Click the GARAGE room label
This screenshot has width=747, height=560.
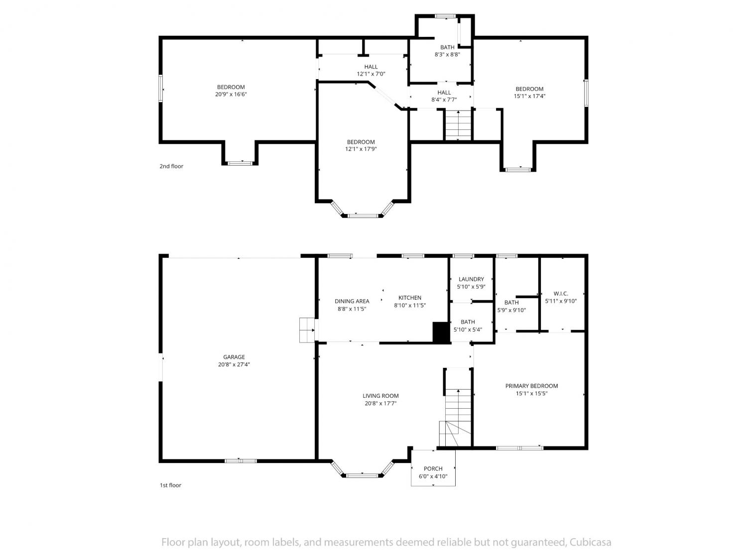(x=234, y=357)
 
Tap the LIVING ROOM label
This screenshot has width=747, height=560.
(x=380, y=395)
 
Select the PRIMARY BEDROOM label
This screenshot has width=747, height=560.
(x=531, y=386)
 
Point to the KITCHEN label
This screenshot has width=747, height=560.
(x=410, y=298)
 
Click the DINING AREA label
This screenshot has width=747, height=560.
(x=352, y=301)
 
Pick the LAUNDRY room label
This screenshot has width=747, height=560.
(x=471, y=279)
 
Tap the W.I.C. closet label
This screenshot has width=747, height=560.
(x=561, y=293)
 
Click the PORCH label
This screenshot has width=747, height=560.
(x=433, y=468)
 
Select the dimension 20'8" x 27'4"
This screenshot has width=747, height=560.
(x=234, y=364)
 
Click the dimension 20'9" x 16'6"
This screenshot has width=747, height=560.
(x=231, y=94)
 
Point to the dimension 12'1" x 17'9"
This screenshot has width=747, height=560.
(x=361, y=149)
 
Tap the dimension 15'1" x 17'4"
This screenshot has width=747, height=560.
(x=529, y=96)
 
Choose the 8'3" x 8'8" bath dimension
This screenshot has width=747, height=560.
(x=447, y=54)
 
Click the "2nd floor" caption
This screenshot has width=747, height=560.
(x=171, y=166)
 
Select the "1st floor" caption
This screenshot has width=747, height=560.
(x=170, y=485)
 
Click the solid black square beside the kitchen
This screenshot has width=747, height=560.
(x=441, y=332)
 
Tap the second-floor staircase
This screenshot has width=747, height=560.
(x=458, y=125)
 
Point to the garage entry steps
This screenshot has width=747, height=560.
(x=307, y=330)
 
